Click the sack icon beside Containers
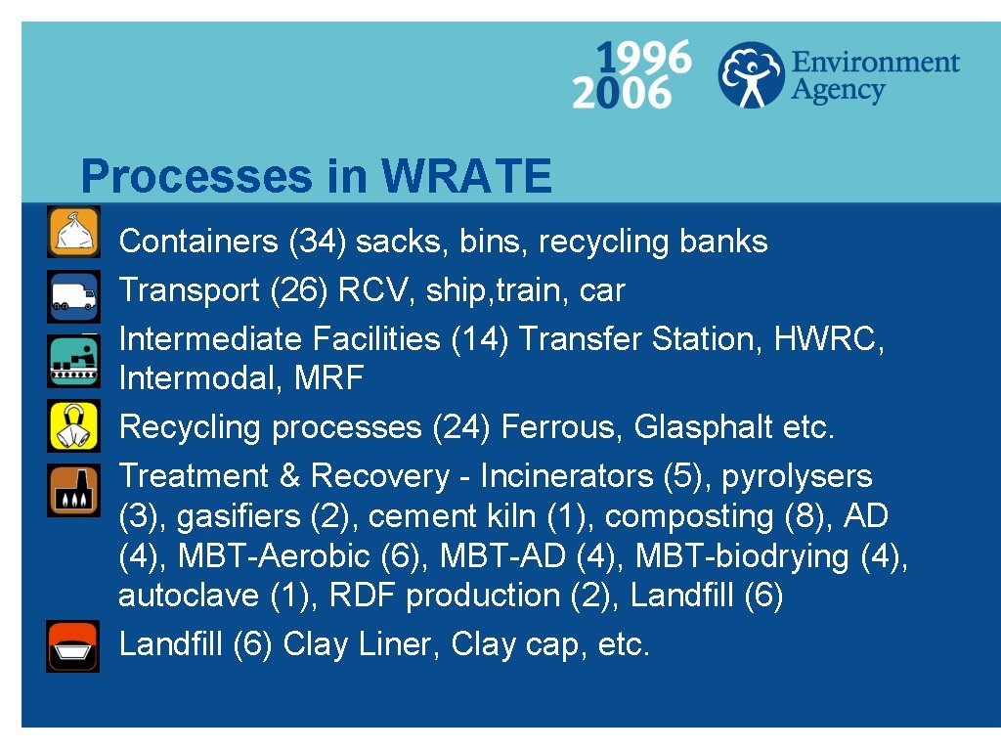point(73,233)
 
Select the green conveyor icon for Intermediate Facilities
point(73,361)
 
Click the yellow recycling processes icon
point(73,425)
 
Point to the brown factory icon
point(73,489)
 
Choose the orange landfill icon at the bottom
point(73,645)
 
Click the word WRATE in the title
point(466,177)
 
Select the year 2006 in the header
point(622,94)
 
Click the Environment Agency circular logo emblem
point(752,74)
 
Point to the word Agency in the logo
point(837,91)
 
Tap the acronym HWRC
point(829,339)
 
